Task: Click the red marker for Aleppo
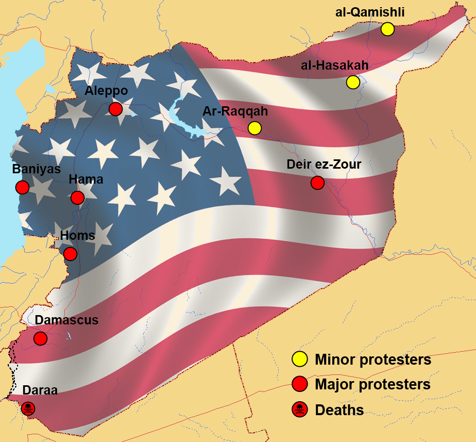[115, 109]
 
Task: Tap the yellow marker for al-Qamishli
[387, 29]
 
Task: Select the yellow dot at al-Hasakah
[353, 81]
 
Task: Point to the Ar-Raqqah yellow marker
[254, 127]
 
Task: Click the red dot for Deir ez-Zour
[317, 182]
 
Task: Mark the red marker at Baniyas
[22, 187]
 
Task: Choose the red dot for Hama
[77, 197]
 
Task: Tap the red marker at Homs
[70, 253]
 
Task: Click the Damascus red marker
[40, 338]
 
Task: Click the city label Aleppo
[106, 91]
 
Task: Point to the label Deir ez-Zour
[324, 165]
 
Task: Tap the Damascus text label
[66, 320]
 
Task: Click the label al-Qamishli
[369, 12]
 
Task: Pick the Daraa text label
[40, 390]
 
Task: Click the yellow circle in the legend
[299, 359]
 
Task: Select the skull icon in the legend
[299, 410]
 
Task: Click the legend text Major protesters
[372, 384]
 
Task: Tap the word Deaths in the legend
[339, 410]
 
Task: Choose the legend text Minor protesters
[373, 359]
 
